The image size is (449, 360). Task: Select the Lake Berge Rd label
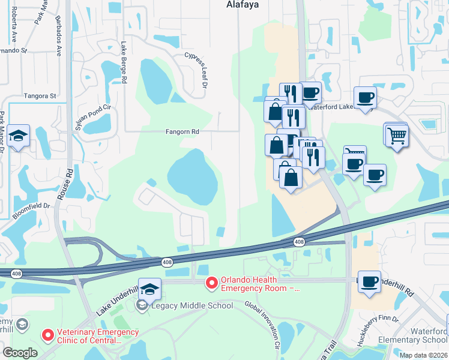(124, 63)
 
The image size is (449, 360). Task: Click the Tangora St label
(40, 95)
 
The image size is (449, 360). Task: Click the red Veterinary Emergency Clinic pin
(47, 334)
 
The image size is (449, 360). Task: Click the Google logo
(20, 353)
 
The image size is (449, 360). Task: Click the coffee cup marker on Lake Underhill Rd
(369, 281)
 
